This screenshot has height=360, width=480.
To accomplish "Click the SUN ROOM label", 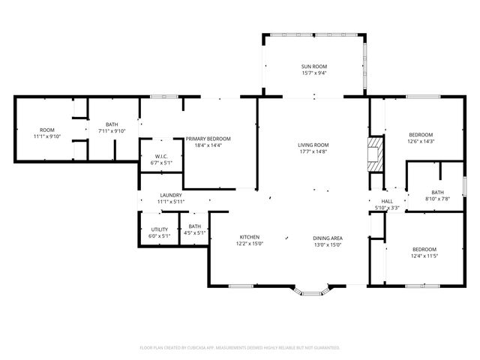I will coord(314,67).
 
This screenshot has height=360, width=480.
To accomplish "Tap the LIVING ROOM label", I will coord(314,145).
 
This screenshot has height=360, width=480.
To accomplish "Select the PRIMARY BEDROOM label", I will coord(208,139).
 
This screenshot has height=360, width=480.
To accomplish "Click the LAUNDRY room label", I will coord(171,195).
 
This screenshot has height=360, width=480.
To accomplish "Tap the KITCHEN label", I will coord(250,237).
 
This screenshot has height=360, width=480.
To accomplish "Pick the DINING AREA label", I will coord(328,237).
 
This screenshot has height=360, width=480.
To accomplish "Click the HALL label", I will coord(387,201).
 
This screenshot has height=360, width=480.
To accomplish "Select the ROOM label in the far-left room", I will coord(47,130).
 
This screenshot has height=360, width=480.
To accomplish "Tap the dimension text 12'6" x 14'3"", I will coord(421,141).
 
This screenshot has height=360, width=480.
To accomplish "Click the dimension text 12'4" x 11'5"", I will coord(424,256).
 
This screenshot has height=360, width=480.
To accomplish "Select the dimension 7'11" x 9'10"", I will coord(112,130).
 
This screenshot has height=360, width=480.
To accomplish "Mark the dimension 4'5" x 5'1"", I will coord(195,232).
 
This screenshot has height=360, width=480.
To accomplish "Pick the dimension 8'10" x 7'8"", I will coord(437,199).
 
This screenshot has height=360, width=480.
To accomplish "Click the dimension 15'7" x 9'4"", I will coord(314,73).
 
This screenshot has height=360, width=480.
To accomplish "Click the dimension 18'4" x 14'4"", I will coord(208,145).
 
